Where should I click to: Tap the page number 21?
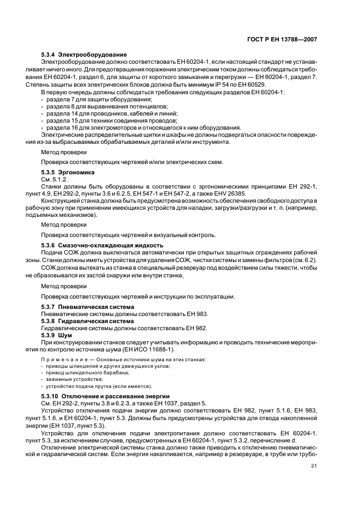tap(314, 465)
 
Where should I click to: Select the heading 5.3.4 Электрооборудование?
tap(84, 55)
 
